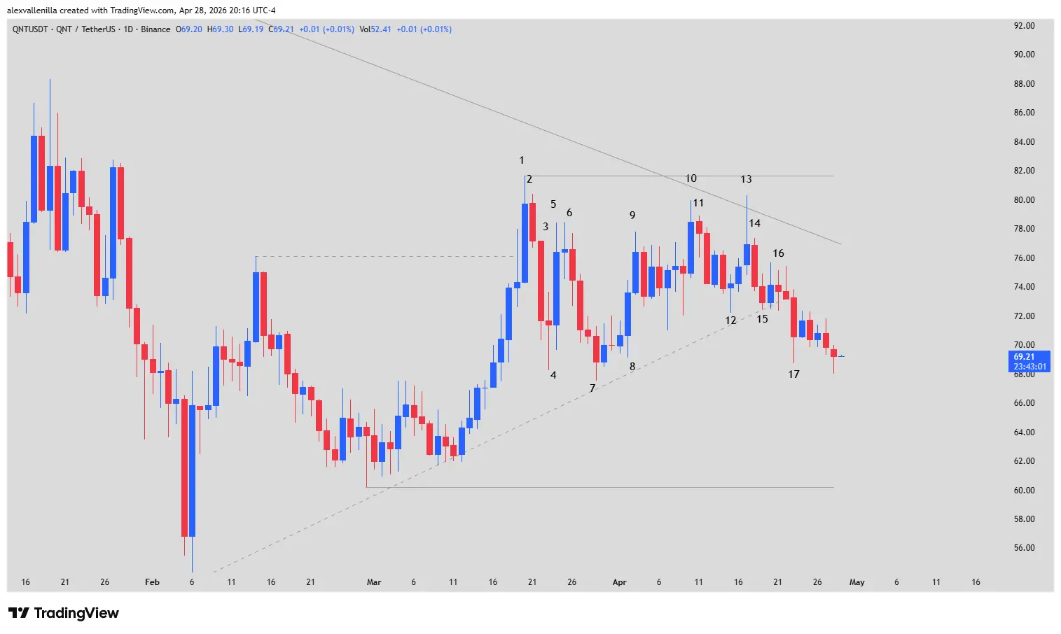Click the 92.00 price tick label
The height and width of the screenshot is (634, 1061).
(x=1024, y=26)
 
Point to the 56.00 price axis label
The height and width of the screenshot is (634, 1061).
(x=1024, y=548)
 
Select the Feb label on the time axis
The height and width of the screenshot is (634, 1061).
(x=152, y=582)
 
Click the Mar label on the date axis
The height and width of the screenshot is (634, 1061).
(x=374, y=582)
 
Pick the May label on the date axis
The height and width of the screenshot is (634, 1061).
(x=857, y=582)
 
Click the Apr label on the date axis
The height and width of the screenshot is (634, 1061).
(x=619, y=582)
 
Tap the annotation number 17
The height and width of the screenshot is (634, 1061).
(x=793, y=374)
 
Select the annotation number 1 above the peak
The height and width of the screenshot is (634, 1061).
(x=522, y=160)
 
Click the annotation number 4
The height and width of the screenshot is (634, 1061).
(x=553, y=375)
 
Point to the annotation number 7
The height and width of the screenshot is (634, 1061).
(x=592, y=388)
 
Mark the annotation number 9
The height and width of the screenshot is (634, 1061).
(x=632, y=216)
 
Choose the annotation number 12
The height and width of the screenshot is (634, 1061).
(x=730, y=320)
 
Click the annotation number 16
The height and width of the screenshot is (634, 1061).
(x=778, y=253)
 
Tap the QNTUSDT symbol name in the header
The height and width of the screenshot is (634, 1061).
(x=30, y=29)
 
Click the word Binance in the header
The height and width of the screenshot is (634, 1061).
(x=155, y=29)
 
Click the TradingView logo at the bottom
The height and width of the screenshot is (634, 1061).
(x=64, y=613)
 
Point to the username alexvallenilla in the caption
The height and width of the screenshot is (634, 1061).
(x=32, y=10)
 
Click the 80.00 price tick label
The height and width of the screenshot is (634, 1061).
(x=1024, y=200)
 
